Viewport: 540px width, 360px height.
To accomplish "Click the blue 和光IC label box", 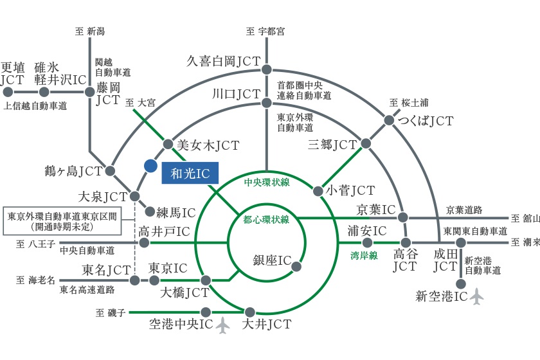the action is pos(190,173).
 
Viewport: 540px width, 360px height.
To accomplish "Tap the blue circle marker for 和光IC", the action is pos(150,166).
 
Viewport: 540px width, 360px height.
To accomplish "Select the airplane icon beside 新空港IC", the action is pos(476,296).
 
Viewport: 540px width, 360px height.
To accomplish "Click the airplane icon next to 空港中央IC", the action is pos(223,325).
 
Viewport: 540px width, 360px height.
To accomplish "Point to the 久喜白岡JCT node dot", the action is pos(266,69).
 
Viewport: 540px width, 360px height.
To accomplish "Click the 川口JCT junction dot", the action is pos(267,103).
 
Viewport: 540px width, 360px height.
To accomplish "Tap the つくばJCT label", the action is pos(426,121).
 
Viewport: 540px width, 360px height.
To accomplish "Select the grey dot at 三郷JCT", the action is pos(366,143).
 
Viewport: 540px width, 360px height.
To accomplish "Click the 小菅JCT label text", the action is pos(350,190).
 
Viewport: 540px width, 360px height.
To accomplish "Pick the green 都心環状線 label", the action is pos(266,219).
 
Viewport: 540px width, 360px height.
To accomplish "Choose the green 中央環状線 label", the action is pos(267,182).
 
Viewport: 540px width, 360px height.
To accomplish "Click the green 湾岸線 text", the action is pos(364,255).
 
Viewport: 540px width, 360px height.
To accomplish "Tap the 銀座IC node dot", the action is pos(296,266).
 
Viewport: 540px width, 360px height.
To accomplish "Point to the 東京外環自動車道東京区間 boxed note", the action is pos(62,221).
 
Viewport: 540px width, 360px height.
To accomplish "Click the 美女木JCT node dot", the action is pos(168,144).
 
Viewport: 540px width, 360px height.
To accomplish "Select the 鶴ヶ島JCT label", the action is pos(74,171).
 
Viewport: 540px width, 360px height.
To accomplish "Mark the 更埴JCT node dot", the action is pos(8,92).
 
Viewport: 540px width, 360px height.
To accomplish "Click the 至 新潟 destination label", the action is pos(90,32).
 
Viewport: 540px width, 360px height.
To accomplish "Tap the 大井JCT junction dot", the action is pos(249,312).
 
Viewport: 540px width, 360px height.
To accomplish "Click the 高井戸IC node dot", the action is pos(144,243).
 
